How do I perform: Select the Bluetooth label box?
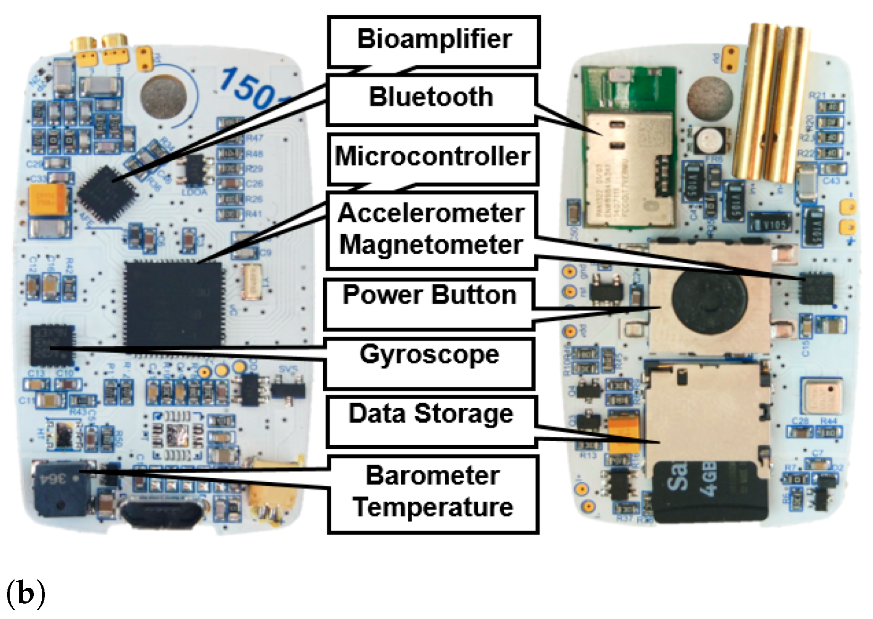click(431, 99)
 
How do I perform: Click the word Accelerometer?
click(431, 213)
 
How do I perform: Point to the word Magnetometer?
click(431, 245)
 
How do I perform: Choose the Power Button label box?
click(429, 304)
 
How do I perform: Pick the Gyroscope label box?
click(429, 363)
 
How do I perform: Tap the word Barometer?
click(433, 476)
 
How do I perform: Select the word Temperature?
click(433, 507)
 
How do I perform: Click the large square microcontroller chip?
click(174, 304)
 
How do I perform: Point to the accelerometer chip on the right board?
click(817, 288)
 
